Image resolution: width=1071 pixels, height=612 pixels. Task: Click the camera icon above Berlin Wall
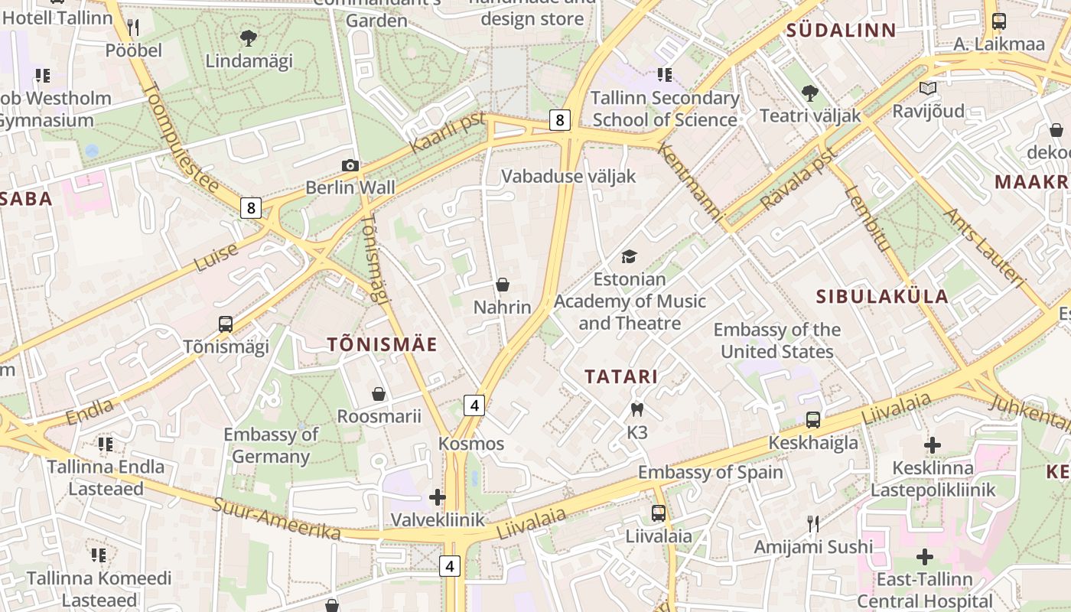[350, 165]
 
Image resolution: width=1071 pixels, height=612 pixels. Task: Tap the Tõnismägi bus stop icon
[226, 324]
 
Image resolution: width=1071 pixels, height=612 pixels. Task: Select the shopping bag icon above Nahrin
[503, 285]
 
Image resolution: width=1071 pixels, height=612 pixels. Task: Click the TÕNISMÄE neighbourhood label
[382, 344]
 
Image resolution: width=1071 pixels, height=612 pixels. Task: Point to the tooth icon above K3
[636, 410]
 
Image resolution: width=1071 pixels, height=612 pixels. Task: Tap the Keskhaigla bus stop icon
[813, 419]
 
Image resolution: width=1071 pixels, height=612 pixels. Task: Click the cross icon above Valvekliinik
[438, 497]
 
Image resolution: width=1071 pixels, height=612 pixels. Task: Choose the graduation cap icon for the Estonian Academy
[629, 256]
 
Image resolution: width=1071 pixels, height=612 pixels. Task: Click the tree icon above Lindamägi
[249, 37]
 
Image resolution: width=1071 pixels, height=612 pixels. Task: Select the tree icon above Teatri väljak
[809, 93]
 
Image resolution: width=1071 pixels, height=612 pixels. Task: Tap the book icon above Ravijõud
[928, 89]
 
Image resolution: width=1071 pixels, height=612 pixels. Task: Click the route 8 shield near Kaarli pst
[560, 120]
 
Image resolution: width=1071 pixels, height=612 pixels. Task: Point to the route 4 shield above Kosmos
[474, 405]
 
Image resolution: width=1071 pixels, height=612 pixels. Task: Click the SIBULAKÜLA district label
[882, 296]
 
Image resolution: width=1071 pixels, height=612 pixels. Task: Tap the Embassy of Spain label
[711, 472]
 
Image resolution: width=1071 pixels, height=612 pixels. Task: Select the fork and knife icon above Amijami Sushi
[813, 524]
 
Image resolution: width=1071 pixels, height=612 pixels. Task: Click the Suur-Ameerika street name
[276, 518]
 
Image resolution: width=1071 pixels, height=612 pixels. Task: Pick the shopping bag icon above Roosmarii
[379, 394]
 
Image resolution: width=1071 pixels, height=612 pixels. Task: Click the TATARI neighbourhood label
[621, 376]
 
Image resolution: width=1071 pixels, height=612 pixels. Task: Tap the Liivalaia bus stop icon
[659, 513]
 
